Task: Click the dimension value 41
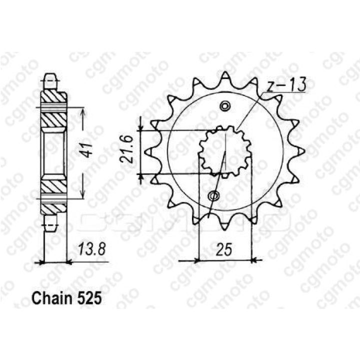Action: (x=87, y=150)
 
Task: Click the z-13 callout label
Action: (x=286, y=84)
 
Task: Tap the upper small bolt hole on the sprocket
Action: (x=225, y=106)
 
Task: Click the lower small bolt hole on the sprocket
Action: (x=214, y=196)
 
